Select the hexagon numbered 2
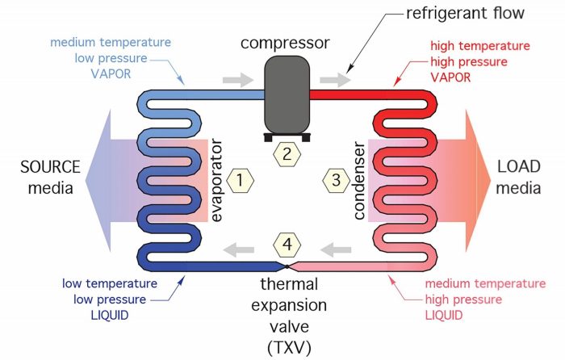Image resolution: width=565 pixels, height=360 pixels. pyautogui.click(x=288, y=153)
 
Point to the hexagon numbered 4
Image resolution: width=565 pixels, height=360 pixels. pyautogui.click(x=288, y=243)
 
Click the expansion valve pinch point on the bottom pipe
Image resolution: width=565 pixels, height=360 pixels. pyautogui.click(x=287, y=266)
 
